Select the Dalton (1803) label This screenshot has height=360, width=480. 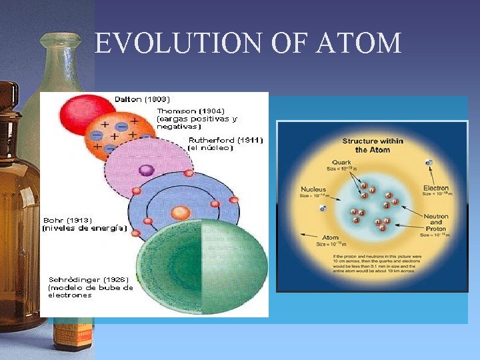pyautogui.click(x=142, y=99)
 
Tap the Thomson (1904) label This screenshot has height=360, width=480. pyautogui.click(x=191, y=111)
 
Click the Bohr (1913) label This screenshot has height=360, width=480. pyautogui.click(x=67, y=219)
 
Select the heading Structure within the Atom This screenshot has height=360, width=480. pyautogui.click(x=373, y=145)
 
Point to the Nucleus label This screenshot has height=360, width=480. pyautogui.click(x=313, y=189)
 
